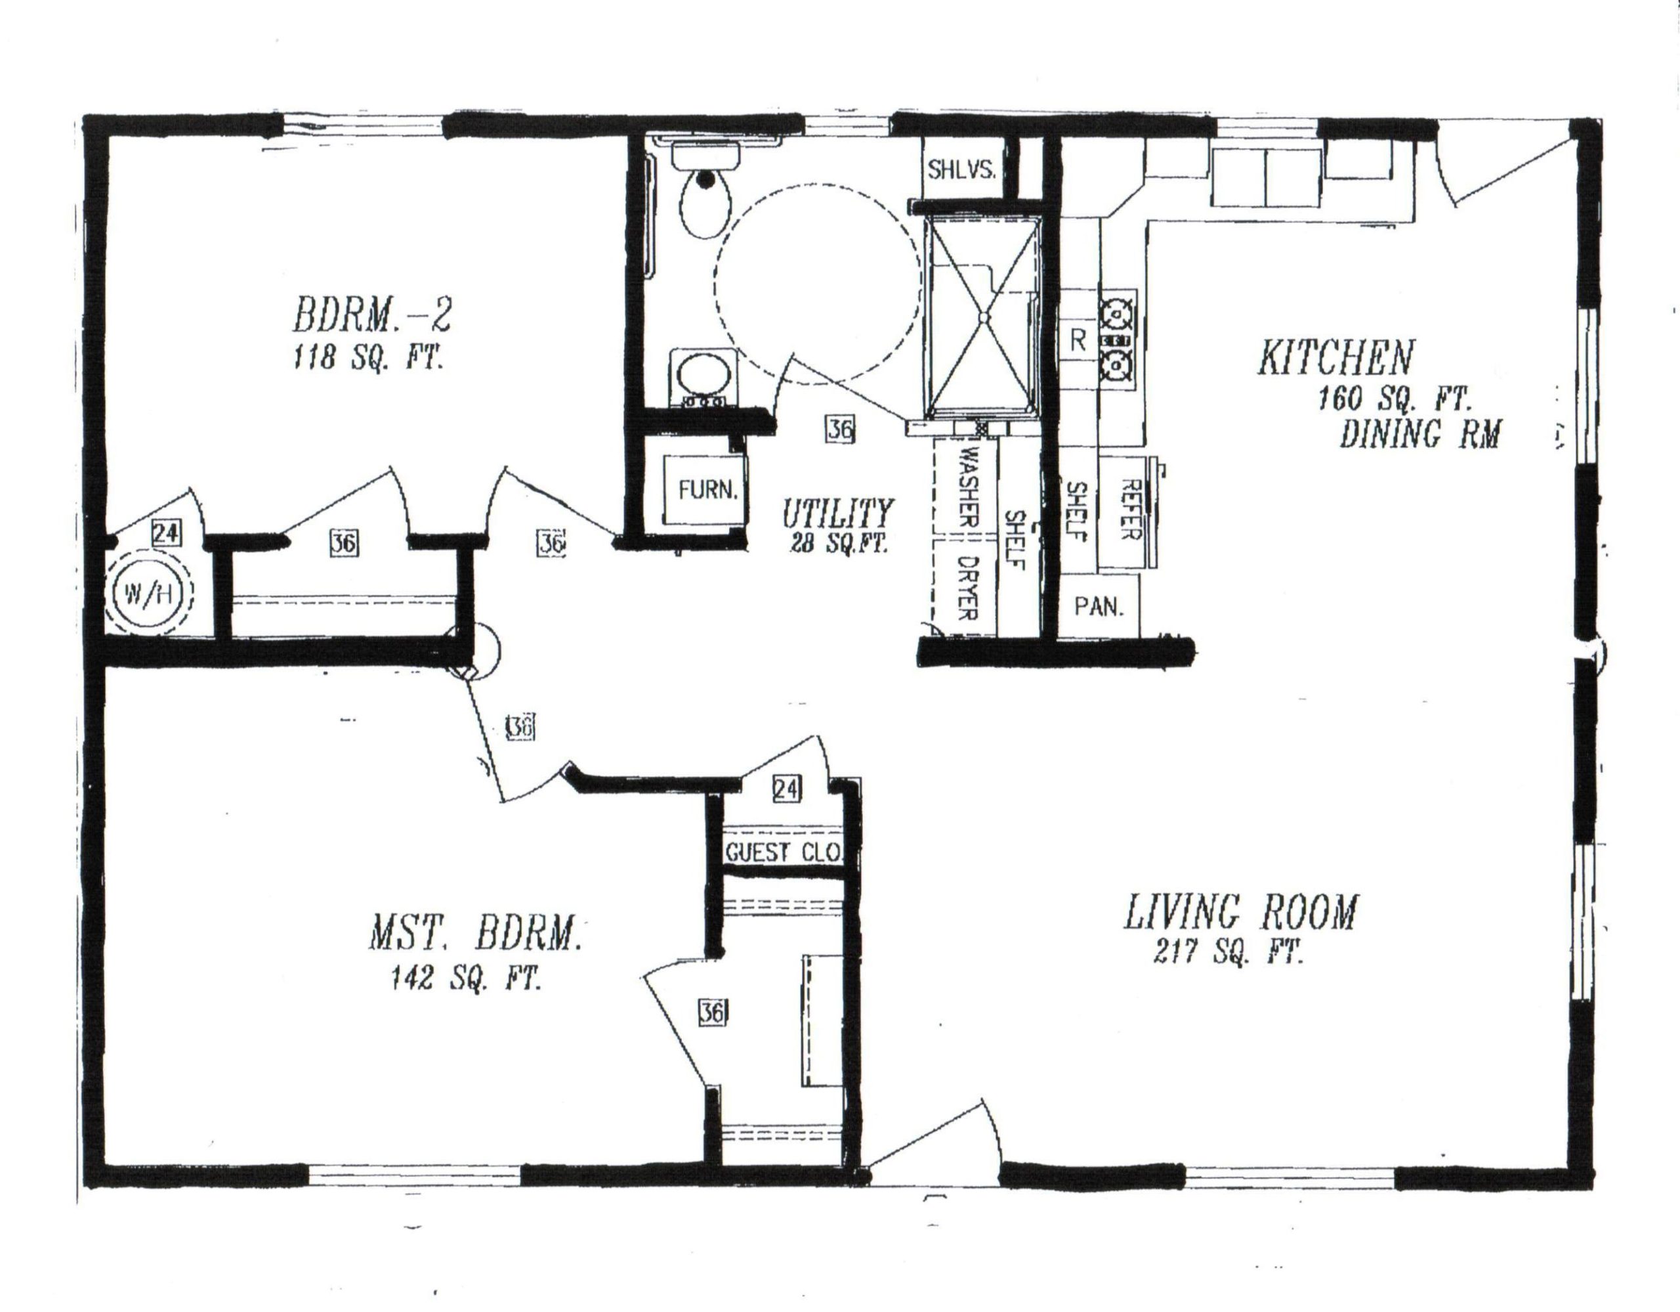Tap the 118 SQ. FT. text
coord(367,359)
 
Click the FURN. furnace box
coord(706,490)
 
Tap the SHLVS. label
coord(961,170)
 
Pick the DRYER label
coord(965,588)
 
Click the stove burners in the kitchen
coord(1117,339)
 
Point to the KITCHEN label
coord(1336,359)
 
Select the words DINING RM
coord(1420,435)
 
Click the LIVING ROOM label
coord(1241,913)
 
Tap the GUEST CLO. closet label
coord(782,852)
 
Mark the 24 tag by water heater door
coord(166,533)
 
